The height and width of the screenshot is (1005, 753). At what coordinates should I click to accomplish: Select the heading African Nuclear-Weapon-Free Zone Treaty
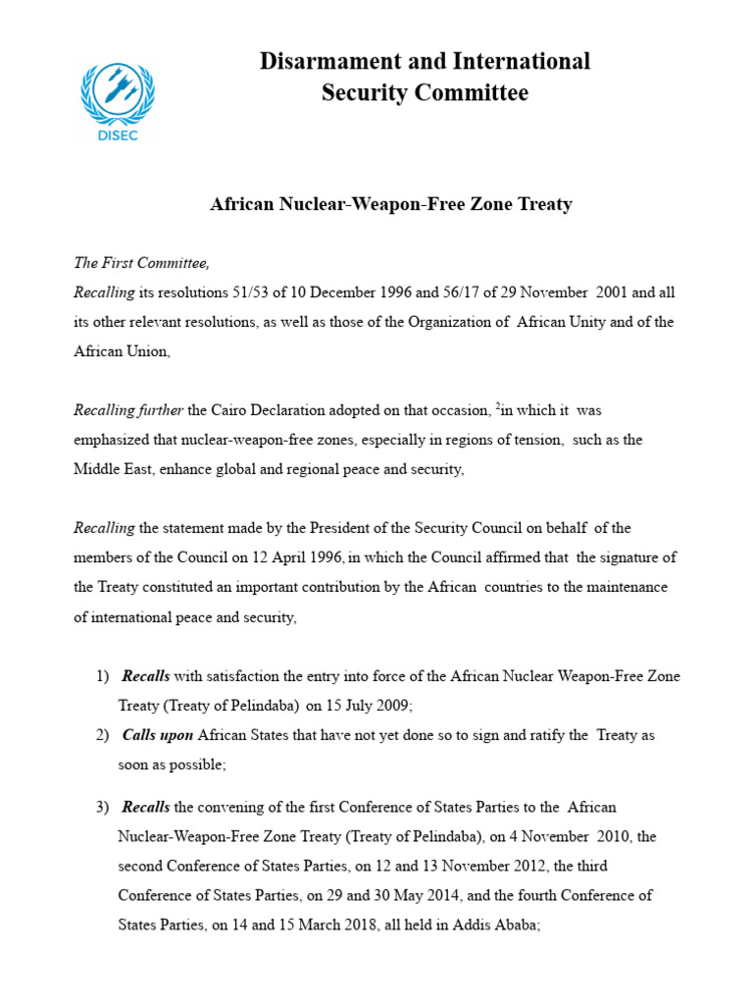pyautogui.click(x=391, y=205)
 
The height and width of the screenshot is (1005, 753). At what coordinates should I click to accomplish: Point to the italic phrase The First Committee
pyautogui.click(x=142, y=263)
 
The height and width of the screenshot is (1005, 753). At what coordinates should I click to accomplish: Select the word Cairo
pyautogui.click(x=232, y=410)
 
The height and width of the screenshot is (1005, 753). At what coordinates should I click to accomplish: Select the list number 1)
pyautogui.click(x=103, y=676)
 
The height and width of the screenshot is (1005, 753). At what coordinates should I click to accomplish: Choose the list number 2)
pyautogui.click(x=103, y=735)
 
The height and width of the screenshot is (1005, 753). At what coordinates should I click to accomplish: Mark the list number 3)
pyautogui.click(x=103, y=808)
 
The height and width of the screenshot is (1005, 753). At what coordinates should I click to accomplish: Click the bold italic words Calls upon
pyautogui.click(x=157, y=735)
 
